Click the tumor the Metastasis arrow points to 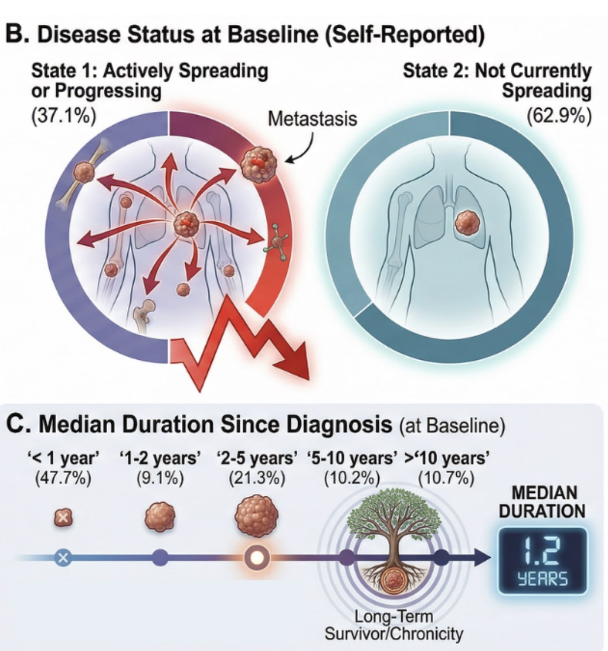257,163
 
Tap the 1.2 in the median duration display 542,551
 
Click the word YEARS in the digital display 543,580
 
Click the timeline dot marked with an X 63,558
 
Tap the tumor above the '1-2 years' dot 160,517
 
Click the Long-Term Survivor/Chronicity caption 394,626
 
